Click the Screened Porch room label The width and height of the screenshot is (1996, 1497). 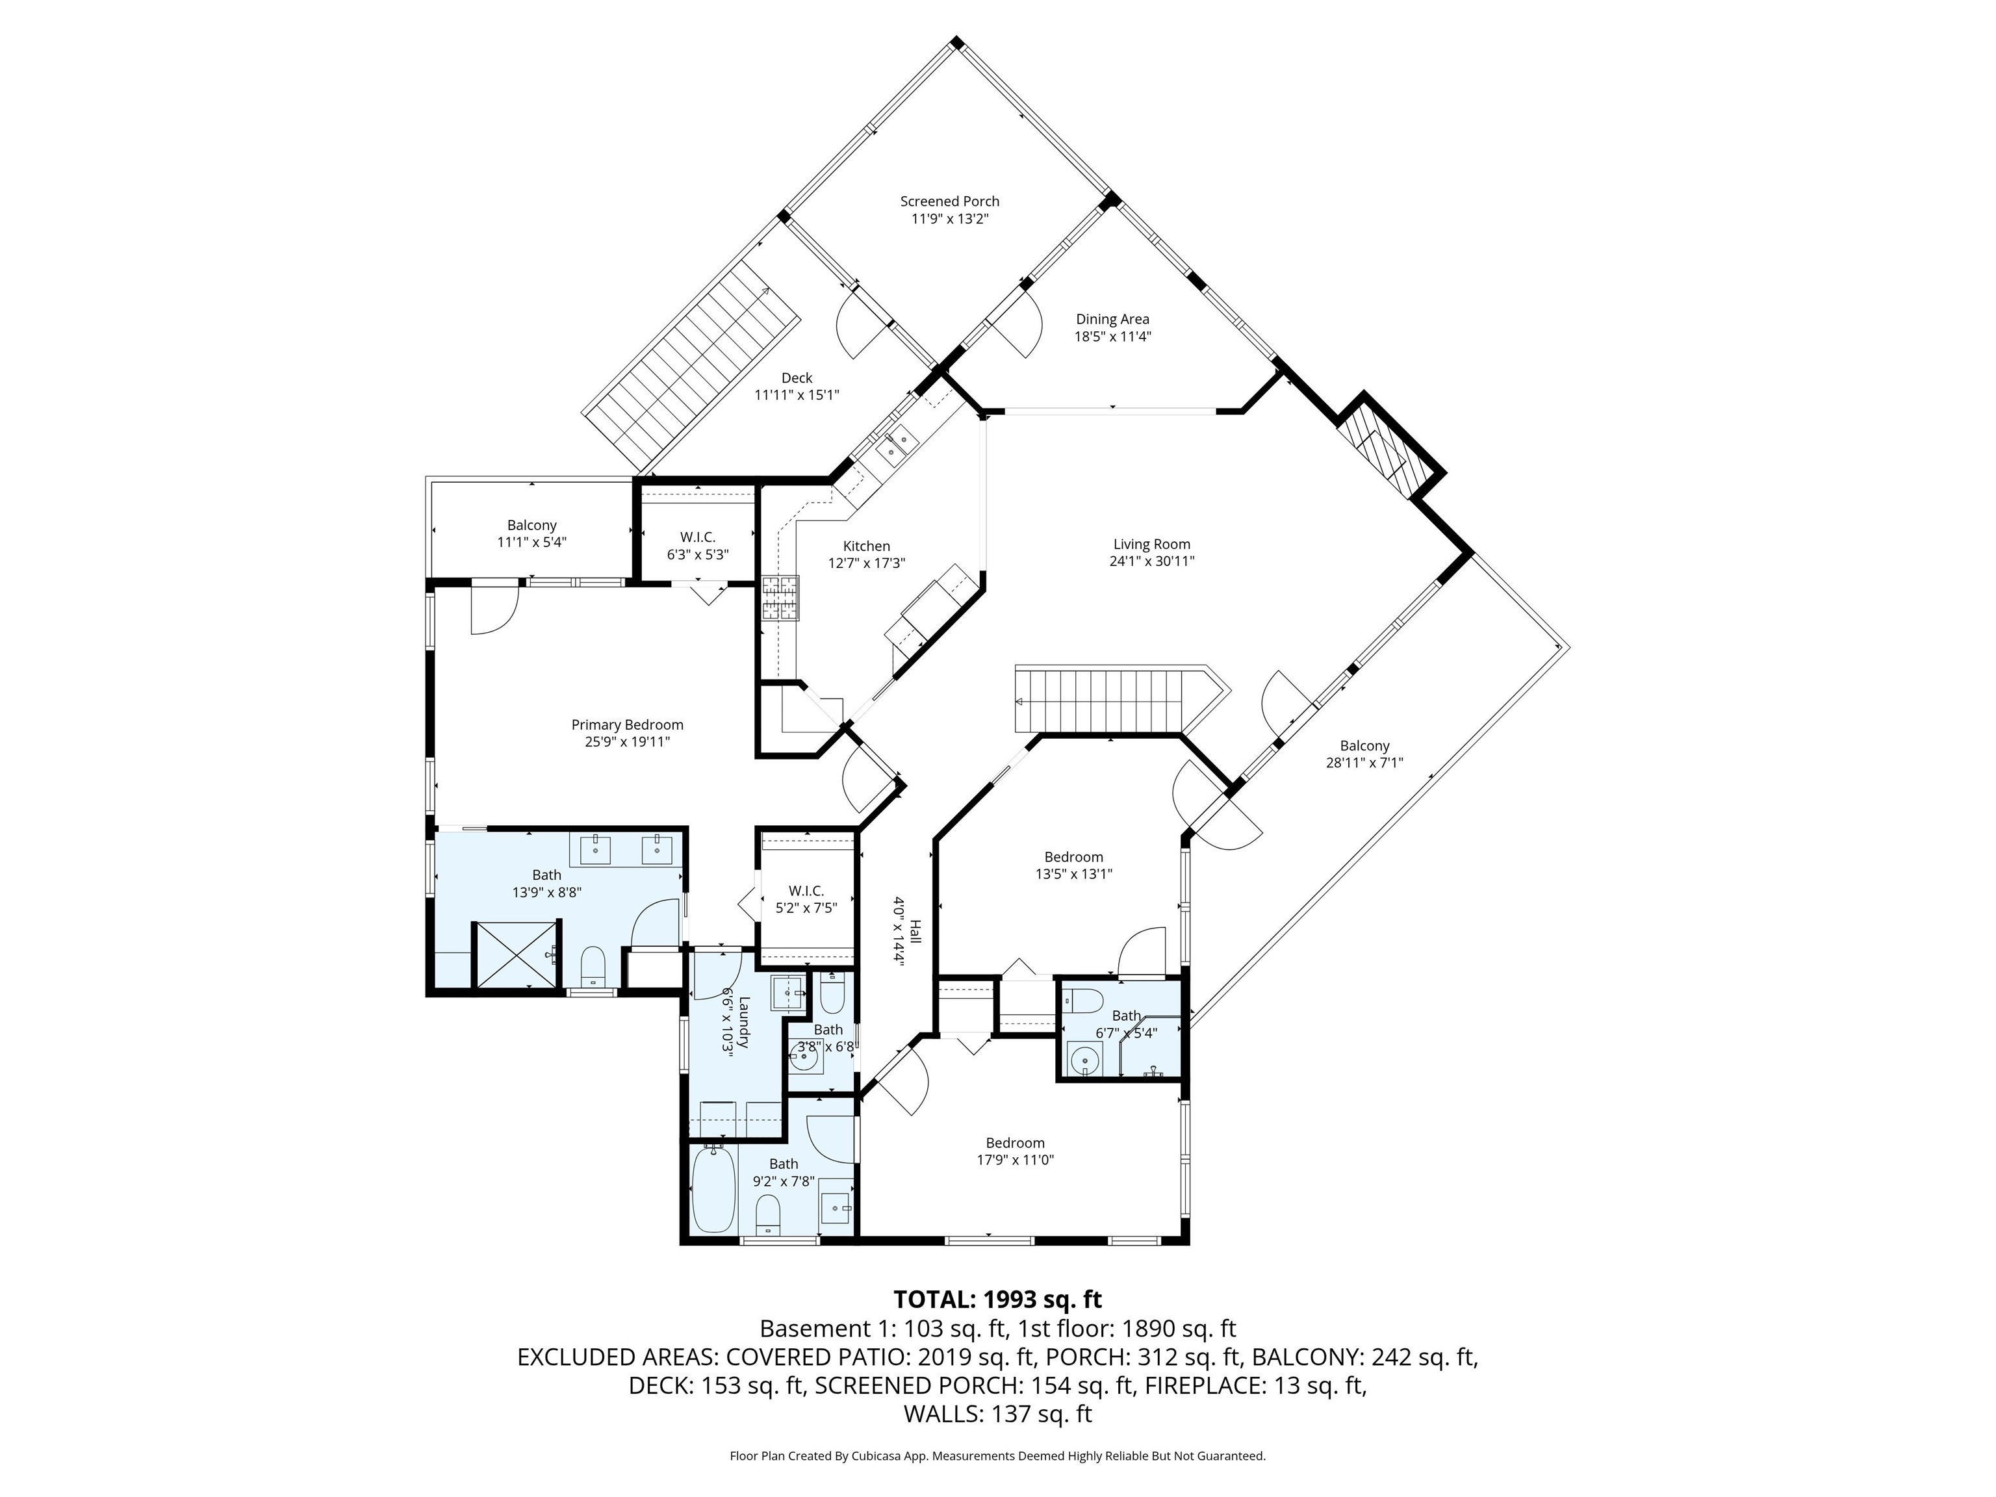[x=949, y=201]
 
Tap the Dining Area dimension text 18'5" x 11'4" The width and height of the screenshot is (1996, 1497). [x=1112, y=337]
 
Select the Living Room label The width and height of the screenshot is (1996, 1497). [x=1151, y=544]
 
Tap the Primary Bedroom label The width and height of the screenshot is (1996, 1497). [x=627, y=724]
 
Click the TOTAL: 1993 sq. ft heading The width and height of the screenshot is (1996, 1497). [x=997, y=1299]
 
